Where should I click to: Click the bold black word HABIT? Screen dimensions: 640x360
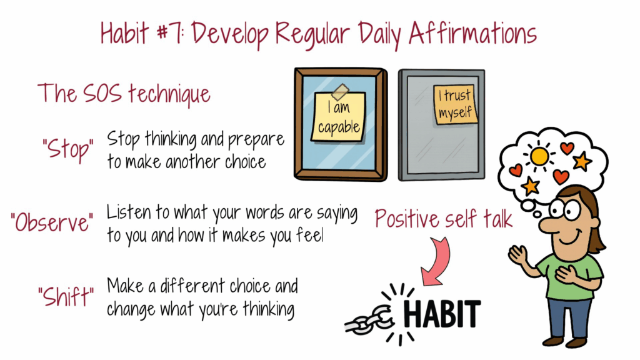coord(442,314)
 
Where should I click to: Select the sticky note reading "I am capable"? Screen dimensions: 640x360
coord(338,117)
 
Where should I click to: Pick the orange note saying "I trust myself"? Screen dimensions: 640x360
coord(455,104)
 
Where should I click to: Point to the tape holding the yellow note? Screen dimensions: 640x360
coord(340,92)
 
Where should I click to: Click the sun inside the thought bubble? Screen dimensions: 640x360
coord(539,156)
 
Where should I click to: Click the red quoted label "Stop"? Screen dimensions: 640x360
coord(67,149)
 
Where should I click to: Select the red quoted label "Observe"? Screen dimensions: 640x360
coord(52,223)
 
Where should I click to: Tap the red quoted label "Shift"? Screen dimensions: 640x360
coord(66,296)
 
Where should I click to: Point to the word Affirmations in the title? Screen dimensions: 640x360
coord(472,33)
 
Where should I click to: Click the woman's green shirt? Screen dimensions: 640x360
coord(571,277)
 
